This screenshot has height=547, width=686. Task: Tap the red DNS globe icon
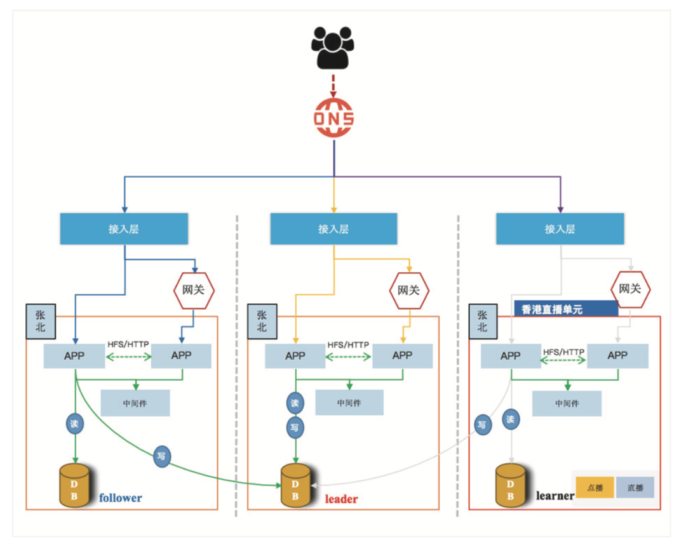point(333,118)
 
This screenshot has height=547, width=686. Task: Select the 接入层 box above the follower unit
point(124,228)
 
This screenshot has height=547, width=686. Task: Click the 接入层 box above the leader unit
point(333,228)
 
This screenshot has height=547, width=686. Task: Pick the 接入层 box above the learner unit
point(560,228)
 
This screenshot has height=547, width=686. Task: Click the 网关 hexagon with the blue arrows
point(194,290)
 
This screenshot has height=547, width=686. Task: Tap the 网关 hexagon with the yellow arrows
point(409,290)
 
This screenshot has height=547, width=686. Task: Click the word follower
point(121,498)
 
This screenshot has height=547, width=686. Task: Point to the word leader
point(341,499)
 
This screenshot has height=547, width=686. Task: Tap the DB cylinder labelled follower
point(74,486)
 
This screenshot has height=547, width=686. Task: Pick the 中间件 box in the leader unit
point(349,402)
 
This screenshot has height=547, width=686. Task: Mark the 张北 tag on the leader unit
point(262,321)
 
